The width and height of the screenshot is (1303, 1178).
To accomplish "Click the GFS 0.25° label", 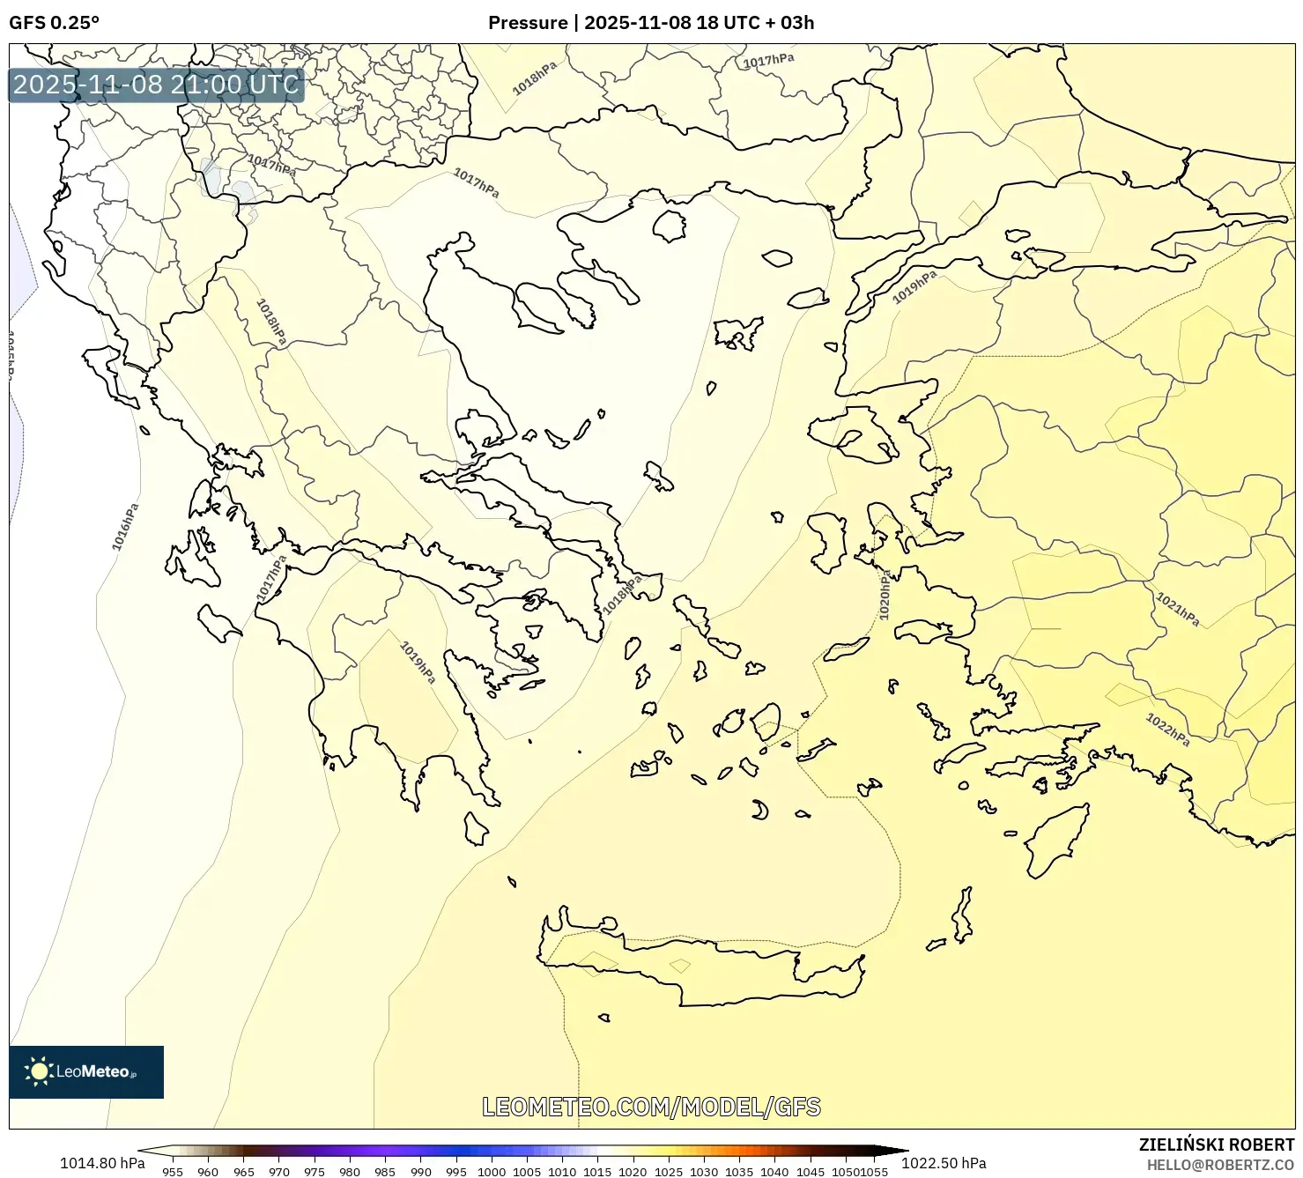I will [x=54, y=23].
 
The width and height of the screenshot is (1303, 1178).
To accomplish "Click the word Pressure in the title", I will [x=528, y=23].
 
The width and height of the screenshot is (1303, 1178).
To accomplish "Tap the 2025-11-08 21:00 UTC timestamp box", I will [x=157, y=85].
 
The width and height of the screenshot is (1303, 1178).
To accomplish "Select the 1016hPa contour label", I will [x=125, y=527].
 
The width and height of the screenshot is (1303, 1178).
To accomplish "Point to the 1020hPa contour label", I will [x=885, y=595].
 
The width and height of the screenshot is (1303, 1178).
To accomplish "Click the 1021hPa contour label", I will [x=1177, y=609].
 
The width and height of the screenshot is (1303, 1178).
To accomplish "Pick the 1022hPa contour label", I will [x=1167, y=730].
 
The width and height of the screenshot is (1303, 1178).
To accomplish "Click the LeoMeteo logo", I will [x=86, y=1071].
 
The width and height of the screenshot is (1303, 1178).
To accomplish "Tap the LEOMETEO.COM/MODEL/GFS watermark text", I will [x=651, y=1107].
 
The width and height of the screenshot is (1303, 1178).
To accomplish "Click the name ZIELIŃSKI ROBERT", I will [x=1216, y=1145].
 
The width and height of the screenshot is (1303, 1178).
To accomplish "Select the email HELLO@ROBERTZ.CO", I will [x=1220, y=1165].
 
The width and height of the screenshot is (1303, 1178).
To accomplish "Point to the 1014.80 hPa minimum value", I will [x=102, y=1163].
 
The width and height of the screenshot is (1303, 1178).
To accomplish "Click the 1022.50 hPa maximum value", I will [x=944, y=1163].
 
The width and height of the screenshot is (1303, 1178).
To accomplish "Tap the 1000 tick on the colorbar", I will [x=491, y=1171].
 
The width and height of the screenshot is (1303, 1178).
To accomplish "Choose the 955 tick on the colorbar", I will [x=173, y=1171].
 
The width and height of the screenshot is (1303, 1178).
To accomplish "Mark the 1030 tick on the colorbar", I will [x=703, y=1171].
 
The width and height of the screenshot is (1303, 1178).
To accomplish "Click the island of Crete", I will [x=705, y=969].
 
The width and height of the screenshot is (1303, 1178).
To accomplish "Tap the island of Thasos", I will [x=670, y=226].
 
